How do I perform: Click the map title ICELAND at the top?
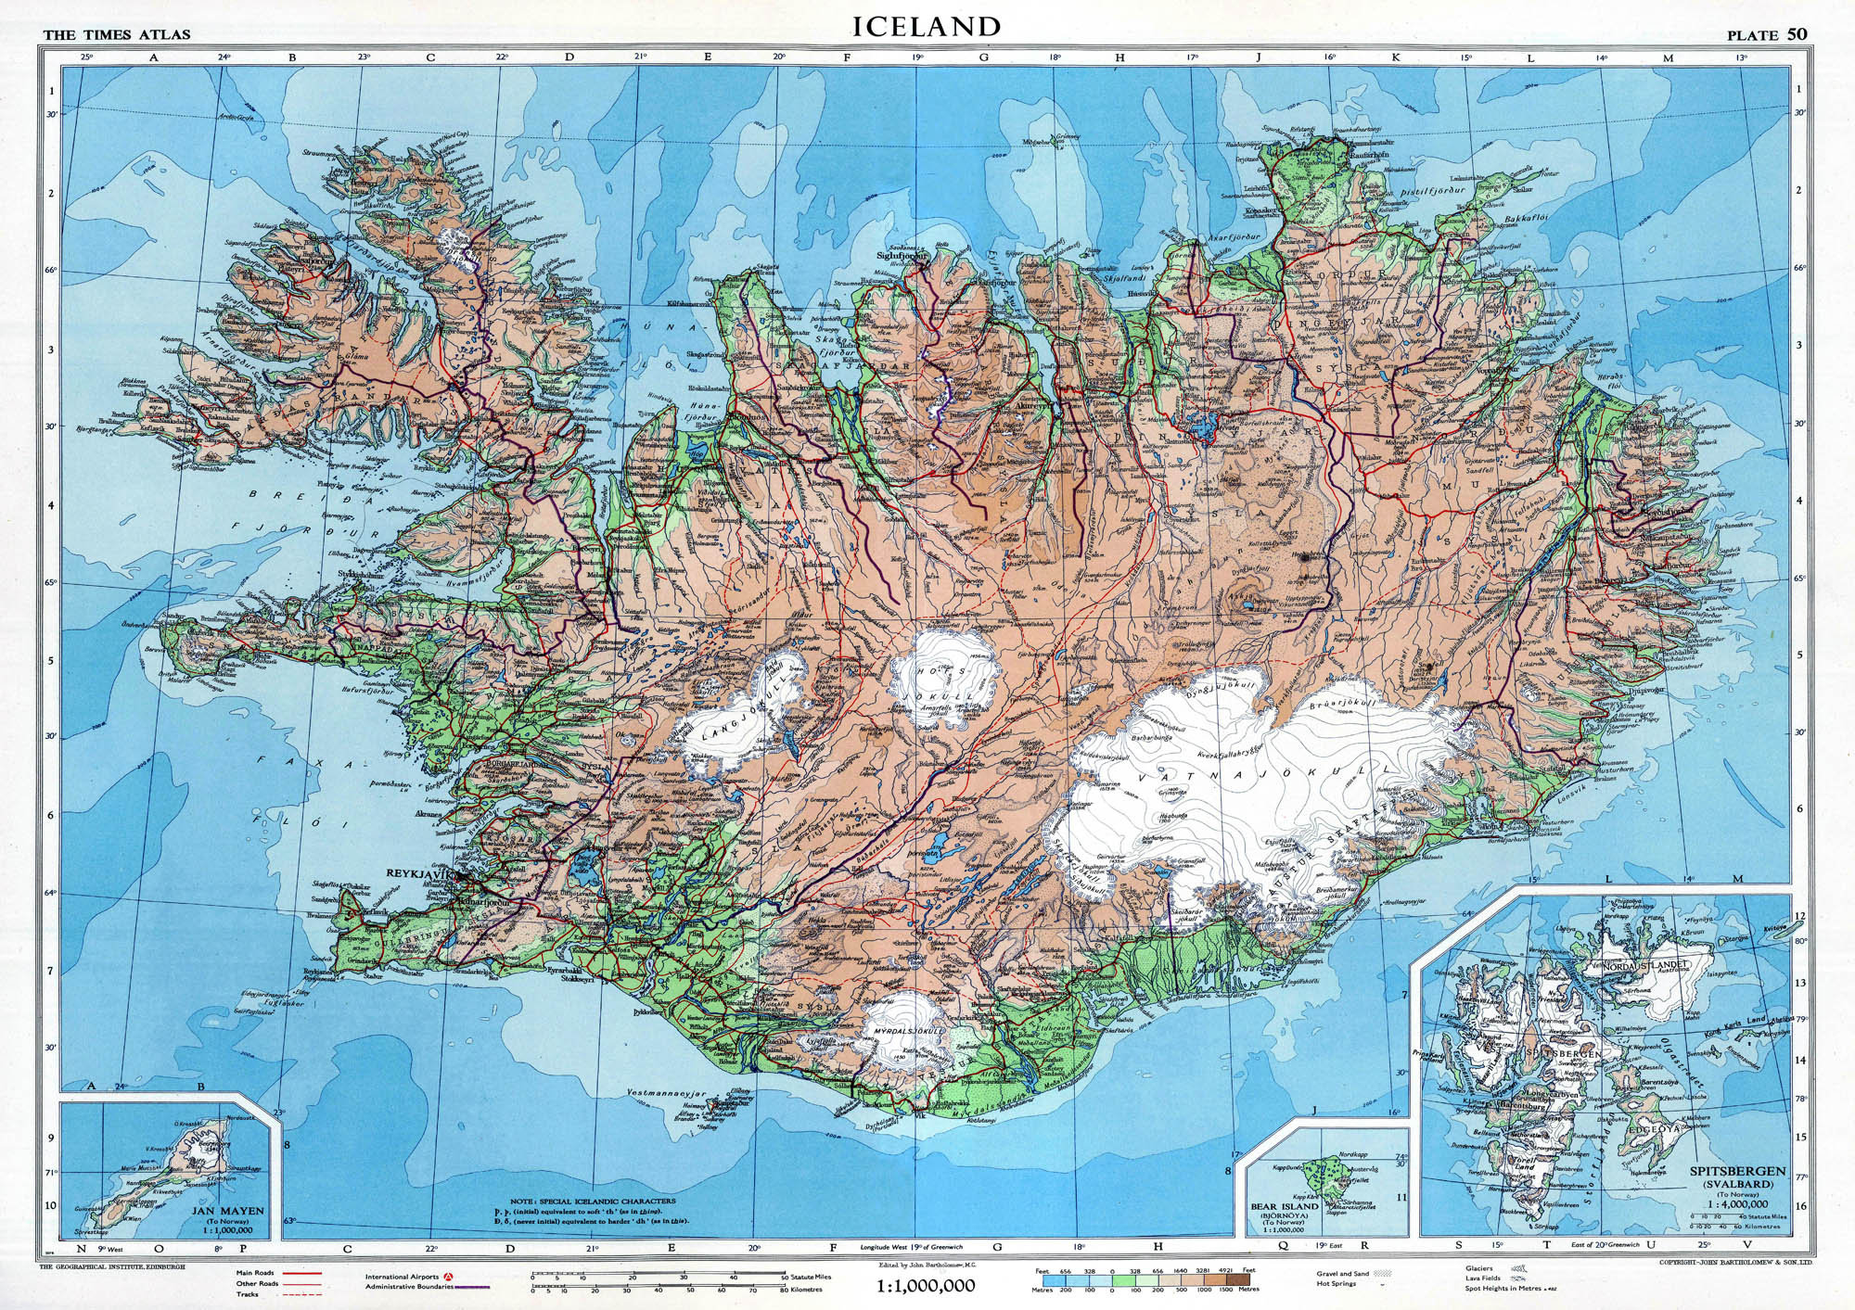tap(927, 26)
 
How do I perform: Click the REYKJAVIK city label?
tap(418, 874)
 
